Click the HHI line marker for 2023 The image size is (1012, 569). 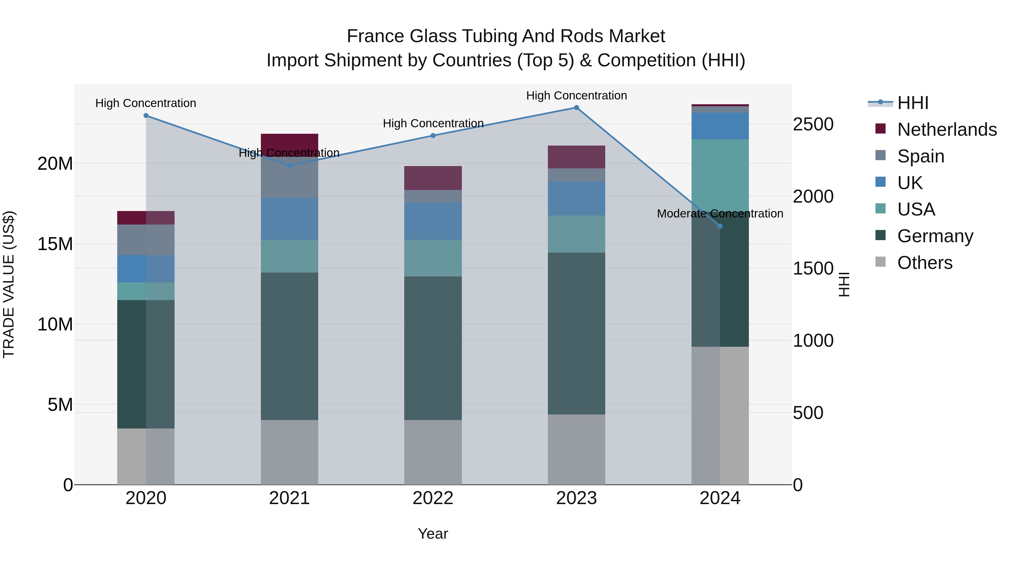tap(576, 108)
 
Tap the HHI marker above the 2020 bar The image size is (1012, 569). tap(146, 115)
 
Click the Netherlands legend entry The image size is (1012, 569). tap(947, 130)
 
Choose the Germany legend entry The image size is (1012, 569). tap(935, 236)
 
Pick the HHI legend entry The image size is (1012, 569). tap(912, 103)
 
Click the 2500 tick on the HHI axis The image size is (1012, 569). tap(812, 124)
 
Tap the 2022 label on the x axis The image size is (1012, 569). tap(433, 498)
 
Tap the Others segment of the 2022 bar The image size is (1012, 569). tap(433, 452)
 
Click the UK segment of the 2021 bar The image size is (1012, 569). tap(290, 219)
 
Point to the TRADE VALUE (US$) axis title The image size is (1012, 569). tap(9, 285)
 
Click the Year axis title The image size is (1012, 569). tap(433, 534)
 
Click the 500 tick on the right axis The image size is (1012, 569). tap(808, 413)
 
